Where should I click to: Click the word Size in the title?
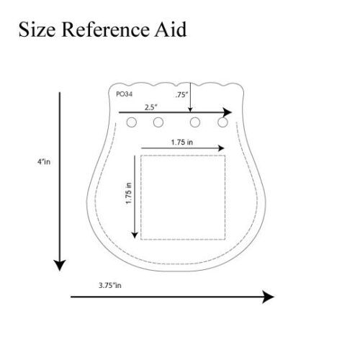coord(37,30)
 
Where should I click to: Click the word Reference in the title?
coord(105,30)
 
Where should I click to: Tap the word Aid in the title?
coord(171,30)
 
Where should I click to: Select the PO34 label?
coord(124,94)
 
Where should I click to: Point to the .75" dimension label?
coord(181,95)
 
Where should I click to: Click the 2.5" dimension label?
coord(151,107)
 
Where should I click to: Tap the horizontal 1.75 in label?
coord(182,143)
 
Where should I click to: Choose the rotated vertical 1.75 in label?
coord(129,193)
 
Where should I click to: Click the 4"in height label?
coord(44,162)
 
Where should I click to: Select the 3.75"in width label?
coord(110,285)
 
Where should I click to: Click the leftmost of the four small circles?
coord(132,122)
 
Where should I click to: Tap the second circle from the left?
coord(158,122)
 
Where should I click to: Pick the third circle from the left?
coord(195,122)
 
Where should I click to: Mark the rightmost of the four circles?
coord(222,122)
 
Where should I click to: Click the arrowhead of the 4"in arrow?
coord(60,266)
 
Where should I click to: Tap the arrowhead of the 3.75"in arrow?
coord(268,297)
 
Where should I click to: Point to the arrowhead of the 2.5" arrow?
coord(228,112)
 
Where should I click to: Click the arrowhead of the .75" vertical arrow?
coord(190,109)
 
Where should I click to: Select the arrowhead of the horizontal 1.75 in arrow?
coord(221,148)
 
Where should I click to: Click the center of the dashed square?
coord(183,197)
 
